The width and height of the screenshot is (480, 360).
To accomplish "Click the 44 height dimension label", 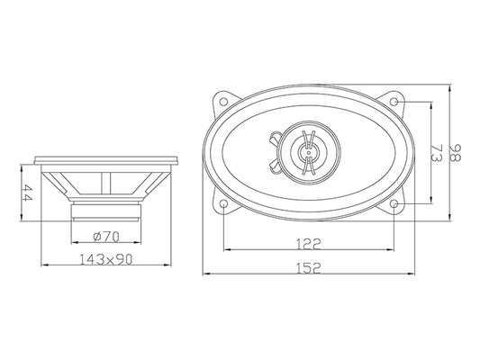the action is click(28, 193).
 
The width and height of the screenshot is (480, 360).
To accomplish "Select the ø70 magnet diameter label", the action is click(106, 237).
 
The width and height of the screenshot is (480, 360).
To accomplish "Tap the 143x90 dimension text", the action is click(106, 259).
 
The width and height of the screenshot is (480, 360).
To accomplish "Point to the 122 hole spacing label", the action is click(309, 244).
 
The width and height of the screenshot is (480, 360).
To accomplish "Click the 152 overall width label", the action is click(309, 268).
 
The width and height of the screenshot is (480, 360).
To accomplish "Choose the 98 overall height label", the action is click(455, 153).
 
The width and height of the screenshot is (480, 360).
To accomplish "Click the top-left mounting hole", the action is click(223, 101).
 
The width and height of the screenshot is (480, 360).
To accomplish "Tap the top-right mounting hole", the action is click(394, 102).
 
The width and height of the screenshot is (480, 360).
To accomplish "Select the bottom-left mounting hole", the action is click(223, 203).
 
